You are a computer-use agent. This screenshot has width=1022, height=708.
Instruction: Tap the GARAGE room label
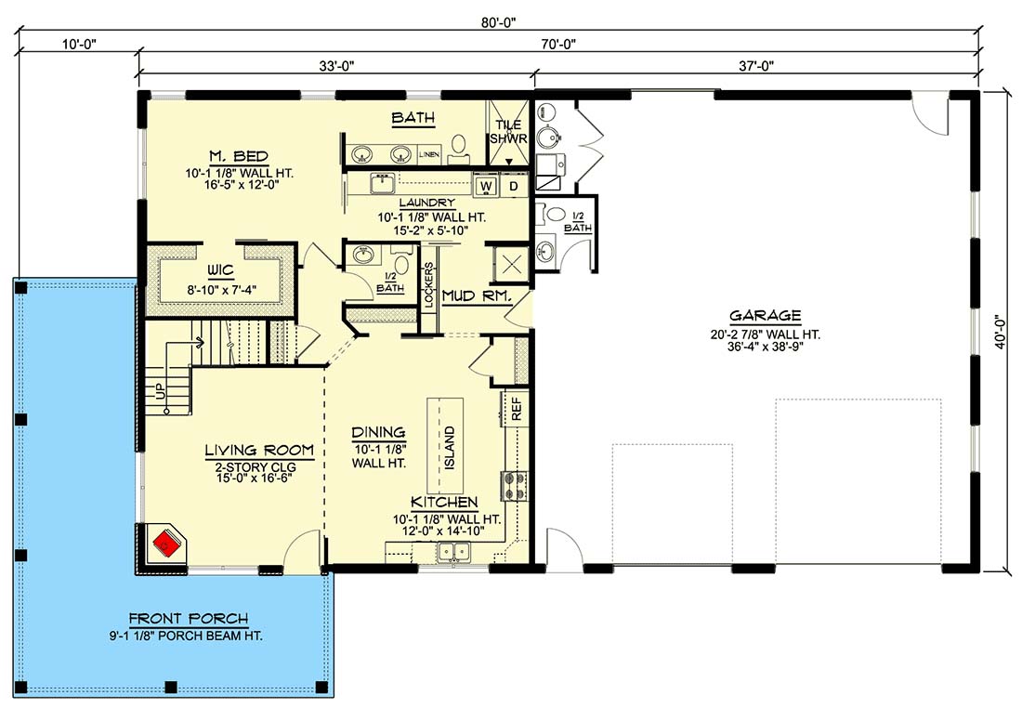click(766, 316)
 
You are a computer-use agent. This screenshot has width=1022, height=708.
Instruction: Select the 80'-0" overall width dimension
click(499, 22)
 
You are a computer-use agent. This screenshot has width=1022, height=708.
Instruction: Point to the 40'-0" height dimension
click(1001, 333)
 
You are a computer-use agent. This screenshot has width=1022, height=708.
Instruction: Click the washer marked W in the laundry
click(486, 187)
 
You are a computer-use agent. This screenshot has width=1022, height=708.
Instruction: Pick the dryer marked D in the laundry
click(514, 187)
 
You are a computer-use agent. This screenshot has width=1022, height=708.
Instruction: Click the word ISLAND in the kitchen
click(450, 448)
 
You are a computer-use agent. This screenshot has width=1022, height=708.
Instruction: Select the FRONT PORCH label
click(189, 619)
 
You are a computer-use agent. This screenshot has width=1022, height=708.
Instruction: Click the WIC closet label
click(221, 270)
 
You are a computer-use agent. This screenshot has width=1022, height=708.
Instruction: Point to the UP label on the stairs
click(160, 391)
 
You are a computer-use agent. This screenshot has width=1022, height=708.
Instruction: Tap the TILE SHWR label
click(508, 132)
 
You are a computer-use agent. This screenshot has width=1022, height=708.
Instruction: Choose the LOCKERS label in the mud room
click(429, 285)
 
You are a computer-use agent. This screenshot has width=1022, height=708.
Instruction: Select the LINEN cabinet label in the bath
click(429, 154)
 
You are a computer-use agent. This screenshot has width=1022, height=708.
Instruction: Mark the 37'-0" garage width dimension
click(756, 65)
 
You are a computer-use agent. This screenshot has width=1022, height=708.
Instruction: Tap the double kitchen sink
click(454, 552)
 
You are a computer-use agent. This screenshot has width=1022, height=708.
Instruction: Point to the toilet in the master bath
click(458, 148)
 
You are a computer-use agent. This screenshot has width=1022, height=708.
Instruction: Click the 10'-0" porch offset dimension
click(79, 44)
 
